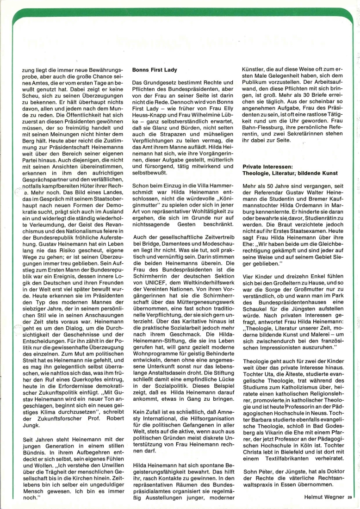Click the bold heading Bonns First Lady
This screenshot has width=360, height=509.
(155, 70)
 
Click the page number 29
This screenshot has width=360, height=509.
(349, 497)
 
